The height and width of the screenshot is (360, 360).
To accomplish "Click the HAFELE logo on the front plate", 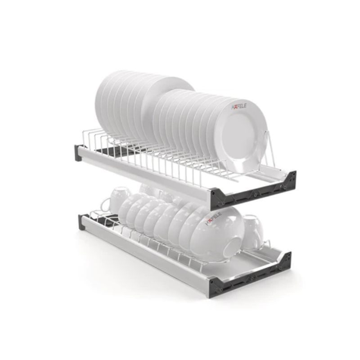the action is (x=238, y=106).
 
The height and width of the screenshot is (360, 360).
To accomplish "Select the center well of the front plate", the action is (x=239, y=136).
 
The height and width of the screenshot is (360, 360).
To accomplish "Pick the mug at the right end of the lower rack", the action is (x=252, y=232).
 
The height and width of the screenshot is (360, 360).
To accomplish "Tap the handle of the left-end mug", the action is (x=105, y=205).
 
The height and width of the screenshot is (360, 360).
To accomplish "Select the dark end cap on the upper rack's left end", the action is (x=78, y=153).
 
